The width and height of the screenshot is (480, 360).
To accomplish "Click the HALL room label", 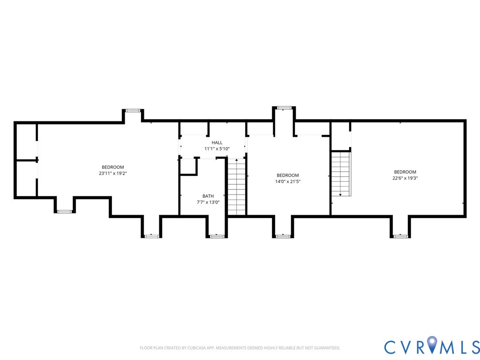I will coord(217,142).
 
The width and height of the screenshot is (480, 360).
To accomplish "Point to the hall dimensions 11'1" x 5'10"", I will coord(217,149).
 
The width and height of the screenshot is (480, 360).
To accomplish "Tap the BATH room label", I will coord(208,196).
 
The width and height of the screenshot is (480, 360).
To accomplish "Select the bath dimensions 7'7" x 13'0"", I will coord(208,202).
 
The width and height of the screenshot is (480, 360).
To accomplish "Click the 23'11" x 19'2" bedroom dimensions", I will coord(113,173).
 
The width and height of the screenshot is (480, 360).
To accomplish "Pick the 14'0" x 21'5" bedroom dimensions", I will coord(288,181).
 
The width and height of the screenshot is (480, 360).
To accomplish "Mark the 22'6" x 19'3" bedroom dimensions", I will coord(405,178).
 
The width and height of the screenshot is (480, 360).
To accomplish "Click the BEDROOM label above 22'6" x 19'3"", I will coord(405,172).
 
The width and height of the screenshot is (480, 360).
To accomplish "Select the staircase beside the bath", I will coord(237,187).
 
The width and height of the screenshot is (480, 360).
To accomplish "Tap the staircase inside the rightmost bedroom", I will coord(341,173).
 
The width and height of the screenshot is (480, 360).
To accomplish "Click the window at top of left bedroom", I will coord(133,111).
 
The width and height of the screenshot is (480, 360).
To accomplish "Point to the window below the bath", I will coord(217,236).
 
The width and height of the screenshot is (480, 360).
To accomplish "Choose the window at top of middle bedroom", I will coord(284,108).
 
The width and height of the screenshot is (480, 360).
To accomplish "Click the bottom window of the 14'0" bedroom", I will coord(283,236).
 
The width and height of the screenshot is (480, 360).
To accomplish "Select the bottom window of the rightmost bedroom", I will coord(400,236).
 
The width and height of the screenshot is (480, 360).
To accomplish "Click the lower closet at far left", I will coord(26,179).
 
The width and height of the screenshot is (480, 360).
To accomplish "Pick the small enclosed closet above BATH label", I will coord(188,166).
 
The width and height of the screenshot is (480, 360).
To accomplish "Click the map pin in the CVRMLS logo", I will coord(432,345).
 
